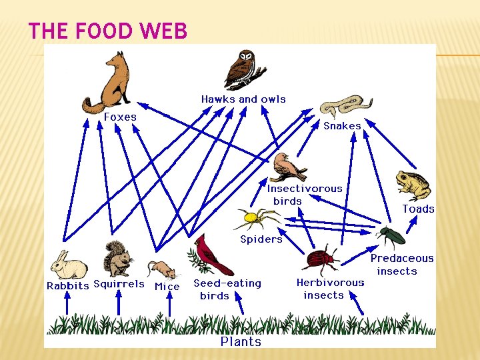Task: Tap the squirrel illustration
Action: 118,259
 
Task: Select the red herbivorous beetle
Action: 322,258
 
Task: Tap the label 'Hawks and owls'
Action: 243,99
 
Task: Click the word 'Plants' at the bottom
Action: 241,341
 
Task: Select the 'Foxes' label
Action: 120,117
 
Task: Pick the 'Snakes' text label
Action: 342,126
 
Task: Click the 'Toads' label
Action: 418,209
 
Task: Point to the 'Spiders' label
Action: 261,239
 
